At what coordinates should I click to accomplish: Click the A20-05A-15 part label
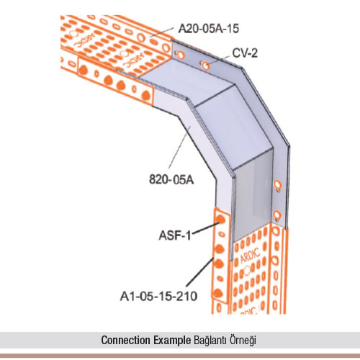coord(209,29)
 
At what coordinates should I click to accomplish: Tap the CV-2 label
coord(245,53)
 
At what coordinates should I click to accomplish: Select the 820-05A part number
coord(171,179)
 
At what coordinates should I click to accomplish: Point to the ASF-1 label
coord(175,235)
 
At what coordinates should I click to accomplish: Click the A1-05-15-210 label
coord(158,296)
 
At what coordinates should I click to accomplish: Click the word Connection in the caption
coord(125,340)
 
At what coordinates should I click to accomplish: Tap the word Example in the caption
coord(172,341)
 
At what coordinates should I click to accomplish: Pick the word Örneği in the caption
coord(243,341)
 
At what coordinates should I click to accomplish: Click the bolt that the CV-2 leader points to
coord(205,66)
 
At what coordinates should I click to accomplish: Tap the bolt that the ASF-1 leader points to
coord(220,220)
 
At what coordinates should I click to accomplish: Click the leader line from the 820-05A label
coord(179,147)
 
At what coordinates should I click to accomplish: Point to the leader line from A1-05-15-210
coord(200,271)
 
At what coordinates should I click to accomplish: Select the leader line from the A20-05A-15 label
coord(161,32)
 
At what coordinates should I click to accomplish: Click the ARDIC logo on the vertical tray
coord(250,256)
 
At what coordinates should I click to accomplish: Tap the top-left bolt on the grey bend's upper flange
coord(180,55)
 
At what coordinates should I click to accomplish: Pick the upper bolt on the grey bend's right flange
coord(277,185)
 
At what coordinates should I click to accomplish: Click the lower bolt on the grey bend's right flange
coord(277,215)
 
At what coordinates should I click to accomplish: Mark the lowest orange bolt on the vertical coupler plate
coord(218,293)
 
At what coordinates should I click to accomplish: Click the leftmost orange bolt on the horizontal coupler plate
coord(83,71)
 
